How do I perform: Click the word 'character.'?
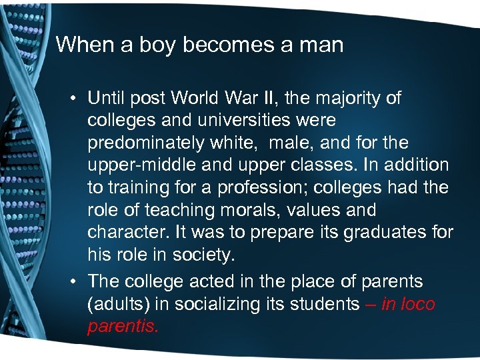pos(124,232)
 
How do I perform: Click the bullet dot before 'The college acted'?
pos(76,281)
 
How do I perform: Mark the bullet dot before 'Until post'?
pos(76,99)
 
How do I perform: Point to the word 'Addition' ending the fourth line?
pos(421,165)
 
